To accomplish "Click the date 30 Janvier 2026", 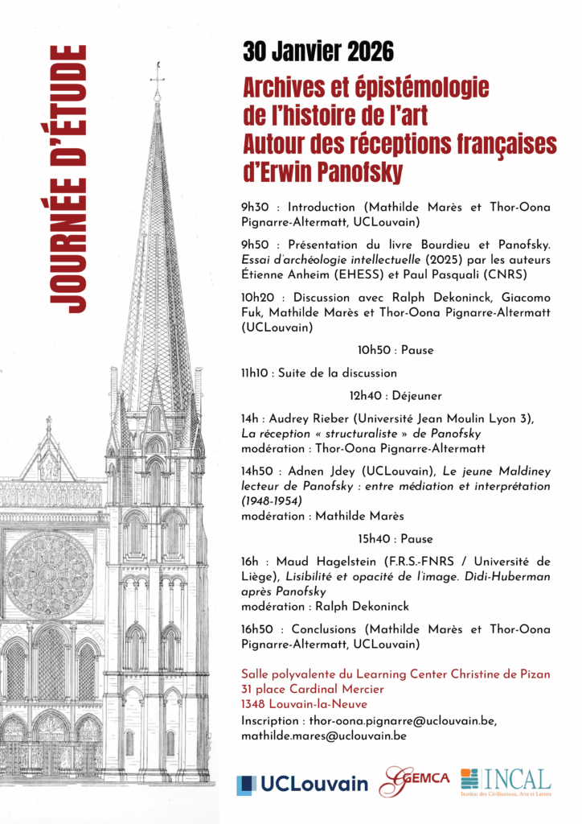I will pos(318,53).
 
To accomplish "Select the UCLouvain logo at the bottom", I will pos(302,783).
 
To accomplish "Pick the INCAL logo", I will pos(506,781).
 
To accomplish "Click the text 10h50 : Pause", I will pos(396,351).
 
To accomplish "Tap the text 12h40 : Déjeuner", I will pos(396,395).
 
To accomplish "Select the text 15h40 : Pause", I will pos(396,538).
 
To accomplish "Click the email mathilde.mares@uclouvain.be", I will pos(323,735).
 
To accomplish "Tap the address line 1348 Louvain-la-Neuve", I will pos(301,704).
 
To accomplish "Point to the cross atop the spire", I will pos(158,74).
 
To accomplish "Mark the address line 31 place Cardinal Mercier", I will pos(313,689).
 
